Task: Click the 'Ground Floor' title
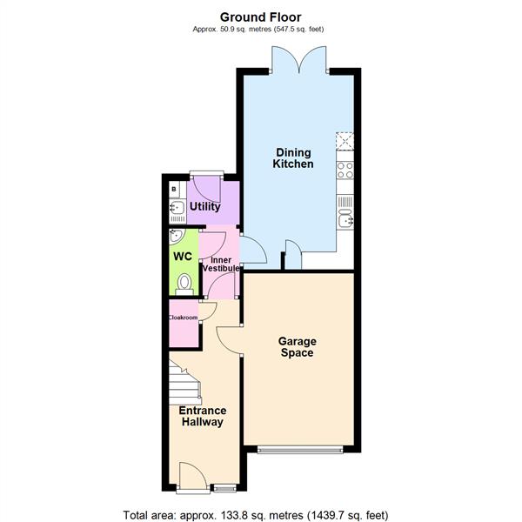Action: [260, 17]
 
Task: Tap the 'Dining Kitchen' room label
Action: [293, 157]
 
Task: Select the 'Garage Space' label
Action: [296, 347]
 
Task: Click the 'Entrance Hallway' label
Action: [202, 416]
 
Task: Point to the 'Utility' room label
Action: [204, 207]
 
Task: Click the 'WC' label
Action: [182, 258]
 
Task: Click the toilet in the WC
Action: [184, 282]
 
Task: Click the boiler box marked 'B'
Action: [174, 188]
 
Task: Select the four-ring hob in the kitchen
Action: [345, 170]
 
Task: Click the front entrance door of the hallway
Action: [192, 477]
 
